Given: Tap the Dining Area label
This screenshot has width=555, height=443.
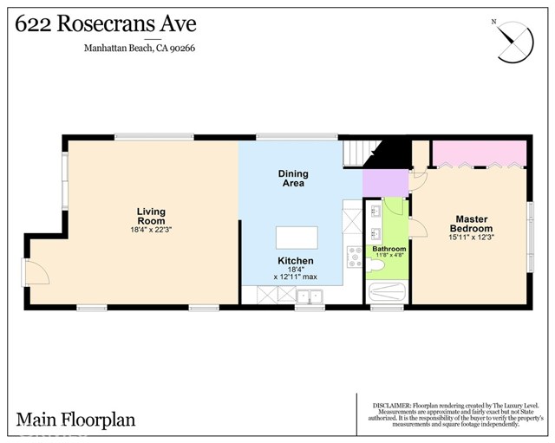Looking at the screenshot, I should point(293,179).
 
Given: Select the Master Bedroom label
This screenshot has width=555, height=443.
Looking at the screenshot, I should point(470,223).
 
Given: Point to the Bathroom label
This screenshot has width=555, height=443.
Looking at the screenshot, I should point(389,249).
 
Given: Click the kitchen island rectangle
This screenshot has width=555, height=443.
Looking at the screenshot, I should point(297,238).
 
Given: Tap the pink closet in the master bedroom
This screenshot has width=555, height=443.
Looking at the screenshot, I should point(479,154).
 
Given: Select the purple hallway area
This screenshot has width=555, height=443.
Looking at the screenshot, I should point(384,183).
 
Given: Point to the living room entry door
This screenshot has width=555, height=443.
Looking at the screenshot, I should point(36,275).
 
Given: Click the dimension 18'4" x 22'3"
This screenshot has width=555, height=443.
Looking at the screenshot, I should point(151,230).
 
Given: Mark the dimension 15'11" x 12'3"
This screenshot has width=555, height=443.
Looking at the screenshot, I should point(470,238).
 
